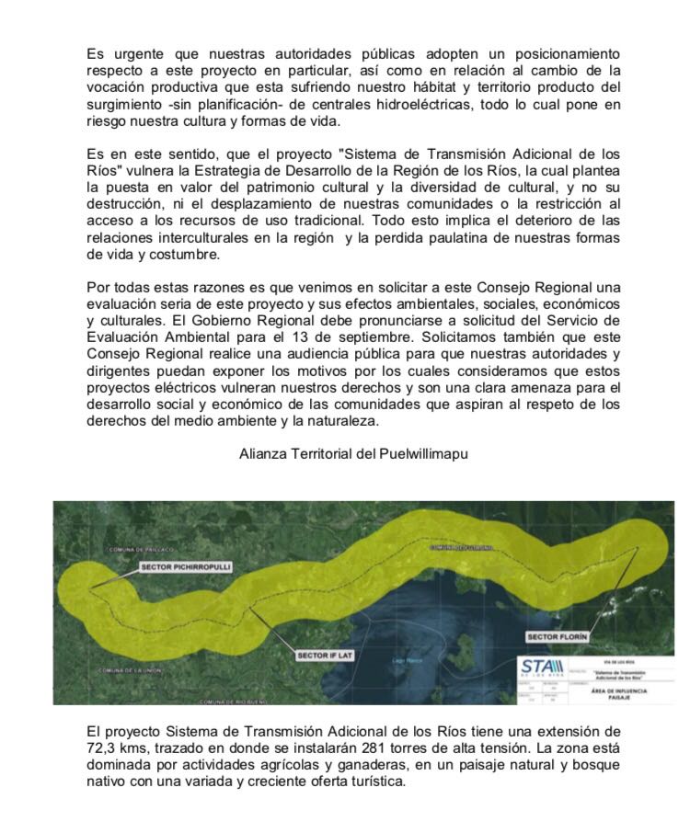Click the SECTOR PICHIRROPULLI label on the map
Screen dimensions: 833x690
[x=186, y=567]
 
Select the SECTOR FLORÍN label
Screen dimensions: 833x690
[x=557, y=635]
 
